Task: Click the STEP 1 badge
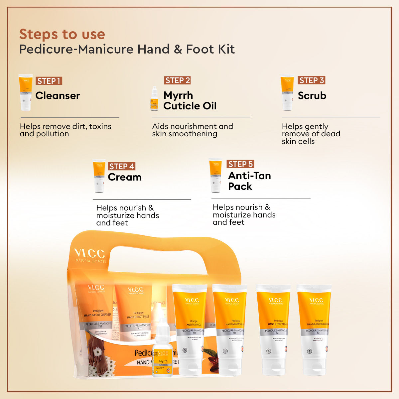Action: pyautogui.click(x=49, y=81)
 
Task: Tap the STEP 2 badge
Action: pyautogui.click(x=177, y=80)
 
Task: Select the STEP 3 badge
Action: pyautogui.click(x=311, y=80)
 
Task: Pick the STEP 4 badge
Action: pyautogui.click(x=122, y=166)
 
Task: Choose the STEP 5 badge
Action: pyautogui.click(x=240, y=164)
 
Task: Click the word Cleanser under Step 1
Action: pyautogui.click(x=58, y=96)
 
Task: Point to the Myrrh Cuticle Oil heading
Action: pyautogui.click(x=190, y=100)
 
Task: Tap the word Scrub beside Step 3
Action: pyautogui.click(x=312, y=96)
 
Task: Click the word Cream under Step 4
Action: pyautogui.click(x=125, y=177)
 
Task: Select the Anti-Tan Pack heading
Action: pyautogui.click(x=249, y=181)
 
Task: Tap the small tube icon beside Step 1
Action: pyautogui.click(x=25, y=92)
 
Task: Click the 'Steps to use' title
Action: pyautogui.click(x=62, y=34)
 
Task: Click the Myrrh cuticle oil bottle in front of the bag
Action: pyautogui.click(x=163, y=352)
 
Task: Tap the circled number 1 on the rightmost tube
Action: pyautogui.click(x=310, y=351)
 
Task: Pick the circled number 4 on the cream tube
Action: pyautogui.click(x=269, y=351)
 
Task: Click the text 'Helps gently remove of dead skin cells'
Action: pyautogui.click(x=311, y=134)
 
